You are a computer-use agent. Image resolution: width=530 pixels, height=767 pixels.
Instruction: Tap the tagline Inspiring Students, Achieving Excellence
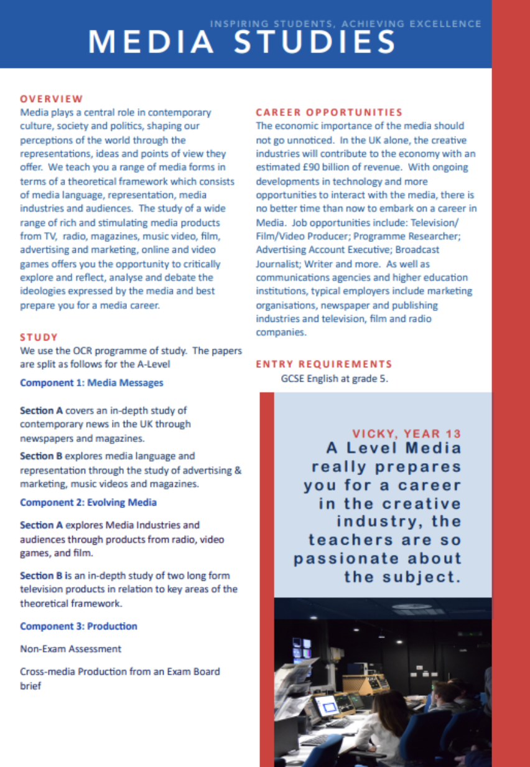[345, 24]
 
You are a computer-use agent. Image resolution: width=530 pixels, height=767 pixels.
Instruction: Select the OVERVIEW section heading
[51, 98]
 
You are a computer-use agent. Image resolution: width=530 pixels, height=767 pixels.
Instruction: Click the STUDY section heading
[39, 337]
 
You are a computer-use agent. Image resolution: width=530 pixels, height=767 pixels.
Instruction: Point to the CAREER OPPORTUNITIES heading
[329, 112]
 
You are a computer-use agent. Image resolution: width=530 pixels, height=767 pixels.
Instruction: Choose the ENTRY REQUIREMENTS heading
[324, 364]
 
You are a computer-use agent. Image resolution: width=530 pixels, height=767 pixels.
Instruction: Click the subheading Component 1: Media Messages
[91, 382]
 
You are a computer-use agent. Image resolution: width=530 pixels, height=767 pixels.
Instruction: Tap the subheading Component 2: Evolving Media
[88, 502]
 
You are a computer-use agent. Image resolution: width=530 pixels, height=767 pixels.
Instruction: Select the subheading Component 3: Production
[79, 626]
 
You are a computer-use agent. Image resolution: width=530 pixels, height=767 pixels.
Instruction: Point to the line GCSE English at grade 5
[335, 379]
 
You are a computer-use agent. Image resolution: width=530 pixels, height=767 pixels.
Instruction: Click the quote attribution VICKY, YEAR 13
[407, 433]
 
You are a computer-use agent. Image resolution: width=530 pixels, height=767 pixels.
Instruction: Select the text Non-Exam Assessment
[71, 649]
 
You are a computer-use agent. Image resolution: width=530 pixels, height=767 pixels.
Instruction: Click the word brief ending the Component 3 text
[30, 685]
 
